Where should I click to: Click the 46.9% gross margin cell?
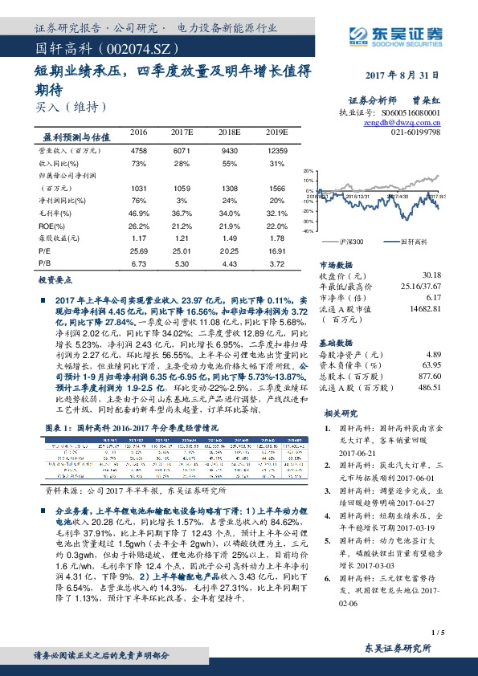pyautogui.click(x=138, y=214)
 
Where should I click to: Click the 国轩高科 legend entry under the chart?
pyautogui.click(x=409, y=240)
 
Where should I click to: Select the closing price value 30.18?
pyautogui.click(x=429, y=275)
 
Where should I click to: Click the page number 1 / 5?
pyautogui.click(x=436, y=633)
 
